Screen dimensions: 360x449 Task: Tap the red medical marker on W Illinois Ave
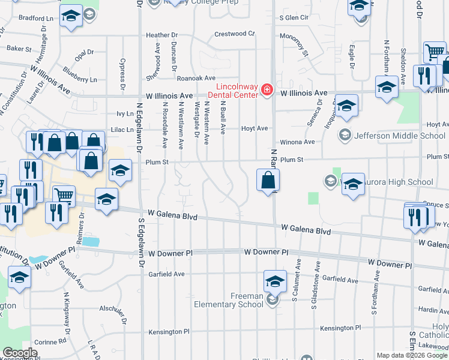(x=267, y=91)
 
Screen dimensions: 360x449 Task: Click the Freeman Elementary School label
(x=229, y=300)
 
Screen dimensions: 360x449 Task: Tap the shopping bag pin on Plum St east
(x=268, y=181)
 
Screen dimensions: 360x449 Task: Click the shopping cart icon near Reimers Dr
(x=63, y=195)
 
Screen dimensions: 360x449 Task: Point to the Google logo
(x=20, y=353)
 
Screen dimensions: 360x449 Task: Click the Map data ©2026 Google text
(x=411, y=355)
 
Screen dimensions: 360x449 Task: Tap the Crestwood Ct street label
(x=235, y=34)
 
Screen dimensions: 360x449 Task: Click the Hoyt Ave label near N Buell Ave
(x=254, y=128)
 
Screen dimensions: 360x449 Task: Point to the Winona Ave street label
(x=301, y=142)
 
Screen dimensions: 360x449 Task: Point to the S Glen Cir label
(x=294, y=18)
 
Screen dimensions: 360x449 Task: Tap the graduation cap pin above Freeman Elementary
(x=274, y=281)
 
